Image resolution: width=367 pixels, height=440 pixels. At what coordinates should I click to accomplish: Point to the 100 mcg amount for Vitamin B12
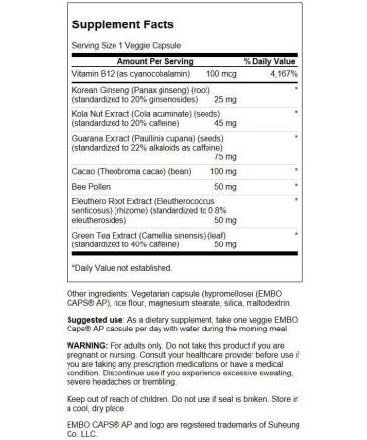pyautogui.click(x=208, y=74)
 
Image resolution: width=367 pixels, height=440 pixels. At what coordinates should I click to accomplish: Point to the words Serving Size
pyautogui.click(x=95, y=45)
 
